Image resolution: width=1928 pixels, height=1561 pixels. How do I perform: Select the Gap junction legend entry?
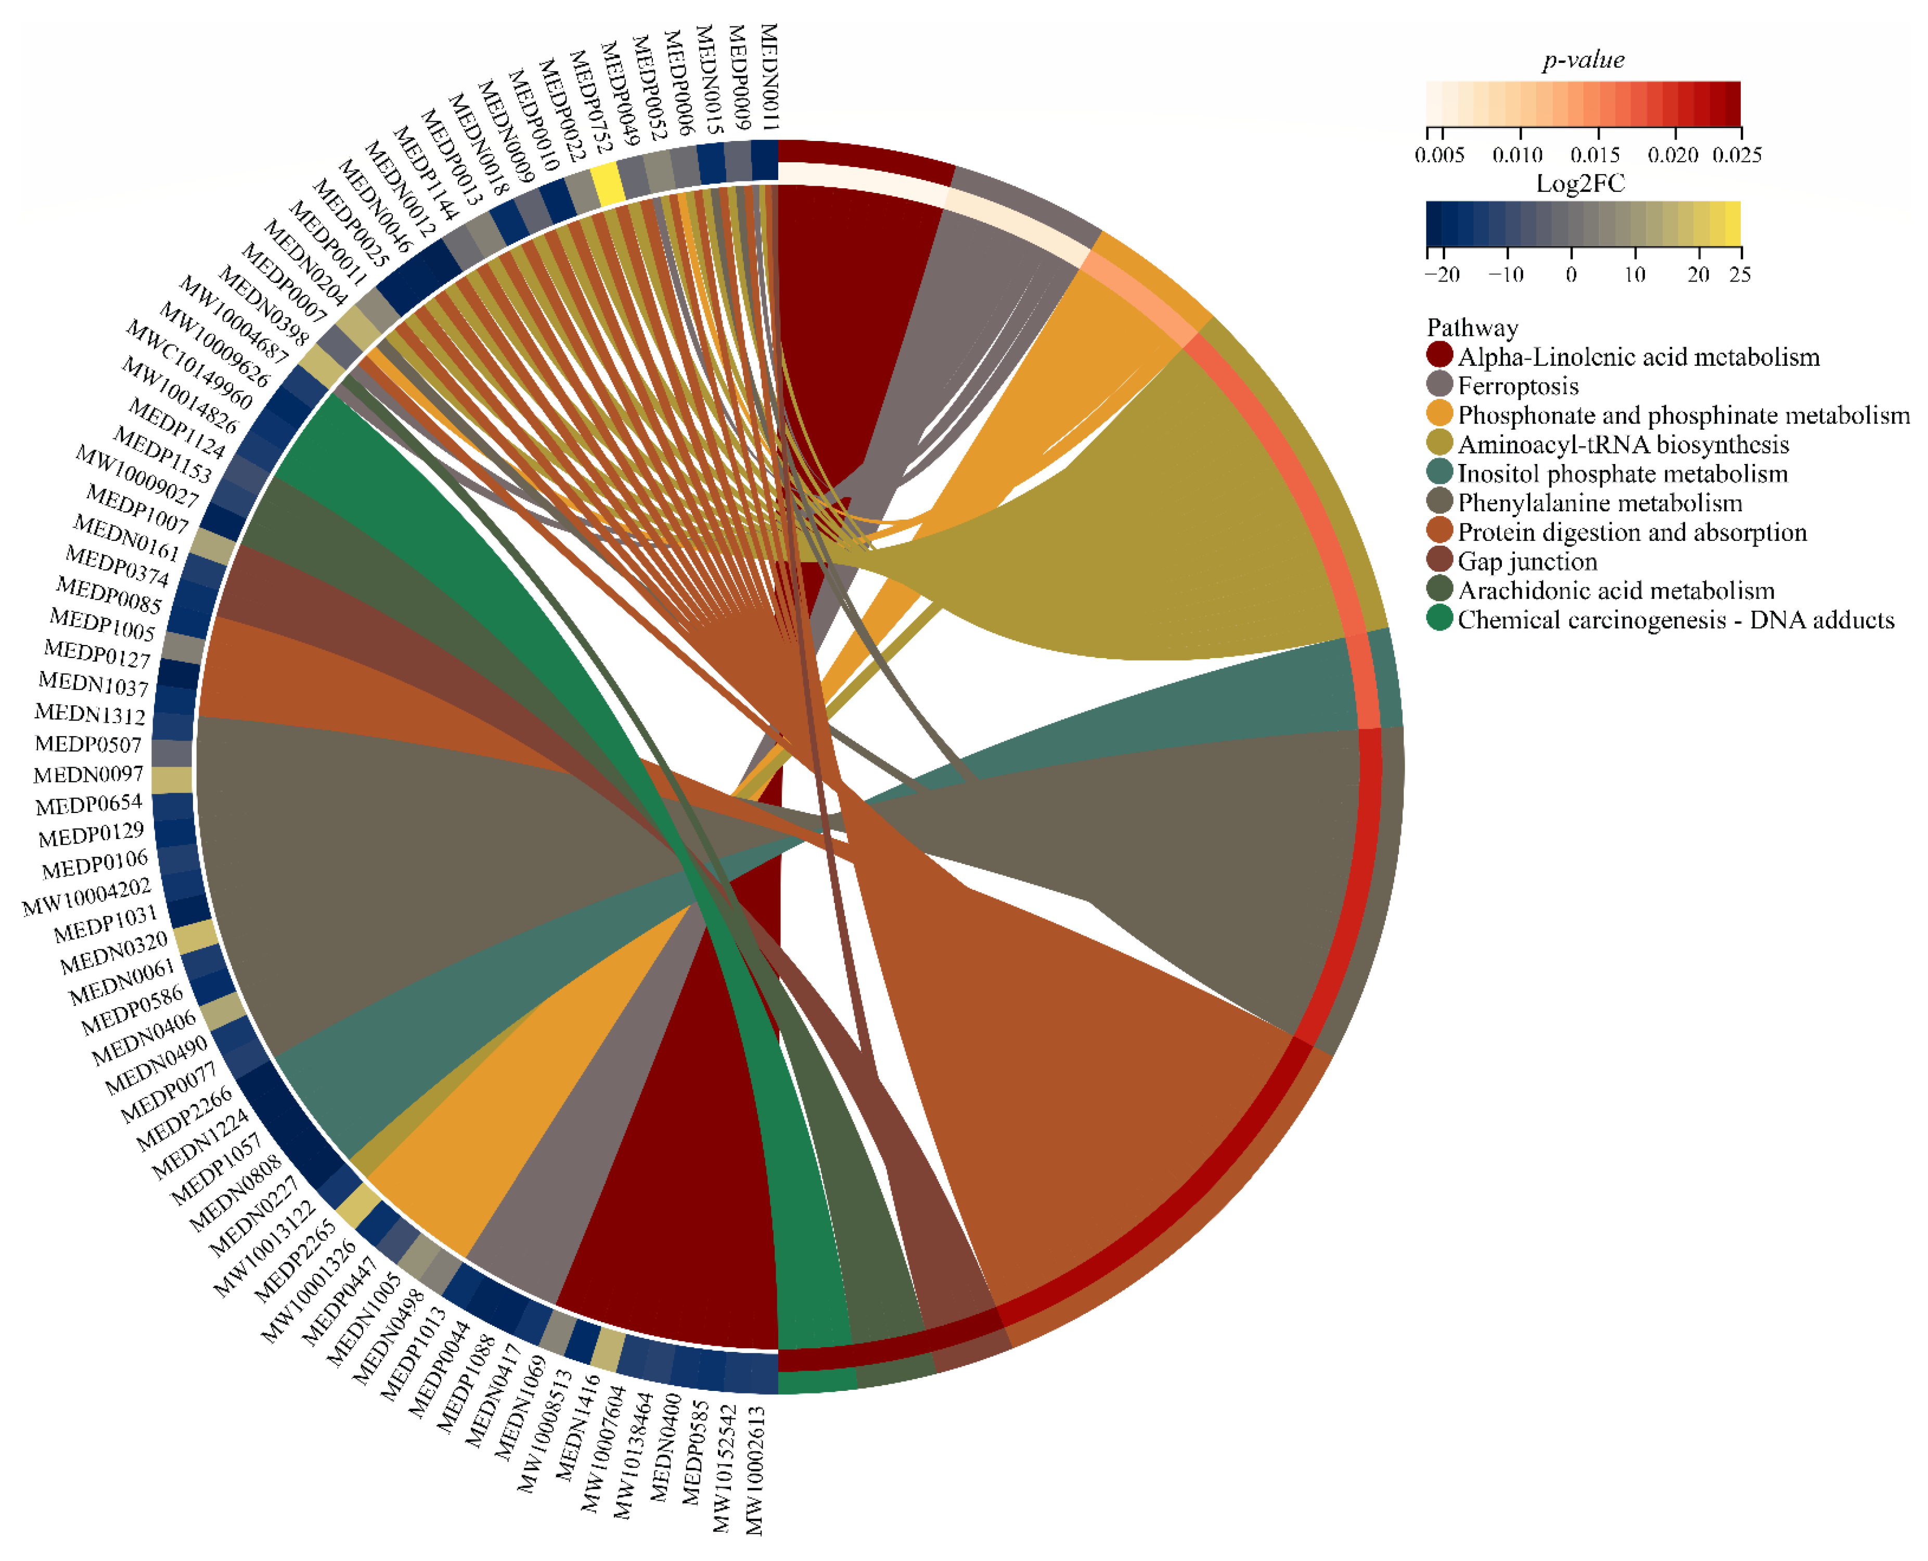tap(1527, 561)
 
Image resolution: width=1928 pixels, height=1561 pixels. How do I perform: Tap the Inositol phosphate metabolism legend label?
tap(1622, 474)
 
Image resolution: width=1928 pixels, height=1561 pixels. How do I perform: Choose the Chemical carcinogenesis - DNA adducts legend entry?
tap(1675, 620)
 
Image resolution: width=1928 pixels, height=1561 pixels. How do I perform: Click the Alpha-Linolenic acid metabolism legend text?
tap(1638, 357)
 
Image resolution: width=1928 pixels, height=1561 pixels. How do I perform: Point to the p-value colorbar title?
tap(1583, 60)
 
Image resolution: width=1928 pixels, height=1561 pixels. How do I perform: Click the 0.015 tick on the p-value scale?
tap(1595, 154)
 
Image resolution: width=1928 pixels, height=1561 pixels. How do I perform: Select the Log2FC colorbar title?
tap(1580, 184)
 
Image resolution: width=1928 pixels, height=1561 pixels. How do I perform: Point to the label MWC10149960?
tap(189, 364)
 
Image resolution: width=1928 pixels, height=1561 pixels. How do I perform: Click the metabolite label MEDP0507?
tap(88, 744)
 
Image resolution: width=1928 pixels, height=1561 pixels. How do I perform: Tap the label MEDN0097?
tap(88, 774)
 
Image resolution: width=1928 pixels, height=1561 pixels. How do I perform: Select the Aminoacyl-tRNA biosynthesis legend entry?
tap(1622, 444)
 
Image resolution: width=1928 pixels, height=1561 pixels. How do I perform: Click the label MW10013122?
tap(263, 1248)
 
